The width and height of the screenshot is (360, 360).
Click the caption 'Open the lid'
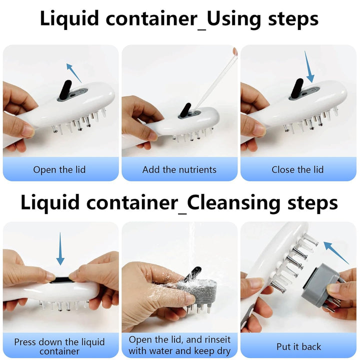[x=59, y=169]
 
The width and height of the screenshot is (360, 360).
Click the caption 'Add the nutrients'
[x=179, y=169]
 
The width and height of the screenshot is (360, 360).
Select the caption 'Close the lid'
[x=297, y=169]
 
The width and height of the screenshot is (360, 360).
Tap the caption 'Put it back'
[x=298, y=346]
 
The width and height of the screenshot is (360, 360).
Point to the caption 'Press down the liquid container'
[x=59, y=346]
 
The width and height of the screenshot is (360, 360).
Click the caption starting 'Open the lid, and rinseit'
[x=179, y=345]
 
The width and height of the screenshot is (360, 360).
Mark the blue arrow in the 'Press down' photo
[x=60, y=248]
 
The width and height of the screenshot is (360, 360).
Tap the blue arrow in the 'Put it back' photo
[x=335, y=252]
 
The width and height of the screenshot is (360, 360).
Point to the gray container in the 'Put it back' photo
[x=320, y=288]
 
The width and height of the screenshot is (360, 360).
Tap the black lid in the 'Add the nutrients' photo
[x=185, y=111]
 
